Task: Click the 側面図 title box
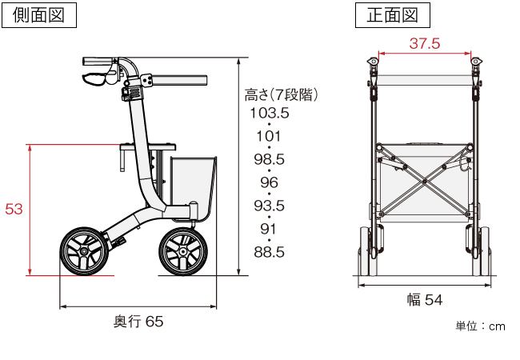point(39,15)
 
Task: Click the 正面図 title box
point(393,15)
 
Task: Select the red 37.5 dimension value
point(425,43)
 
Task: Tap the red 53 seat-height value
point(14,209)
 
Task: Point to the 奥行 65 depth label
point(138,322)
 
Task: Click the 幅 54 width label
point(425,300)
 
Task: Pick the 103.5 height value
point(270,113)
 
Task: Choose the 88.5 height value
point(270,252)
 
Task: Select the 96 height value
point(269,182)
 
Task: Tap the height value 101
point(269,136)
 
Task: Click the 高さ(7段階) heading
point(282,95)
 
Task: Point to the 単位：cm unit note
point(480,326)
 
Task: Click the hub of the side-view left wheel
point(84,252)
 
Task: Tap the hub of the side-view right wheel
point(182,252)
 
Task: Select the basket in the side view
point(194,188)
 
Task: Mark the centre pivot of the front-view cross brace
point(425,182)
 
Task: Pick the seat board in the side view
point(148,146)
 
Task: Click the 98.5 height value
point(270,159)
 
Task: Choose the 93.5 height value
point(270,206)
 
